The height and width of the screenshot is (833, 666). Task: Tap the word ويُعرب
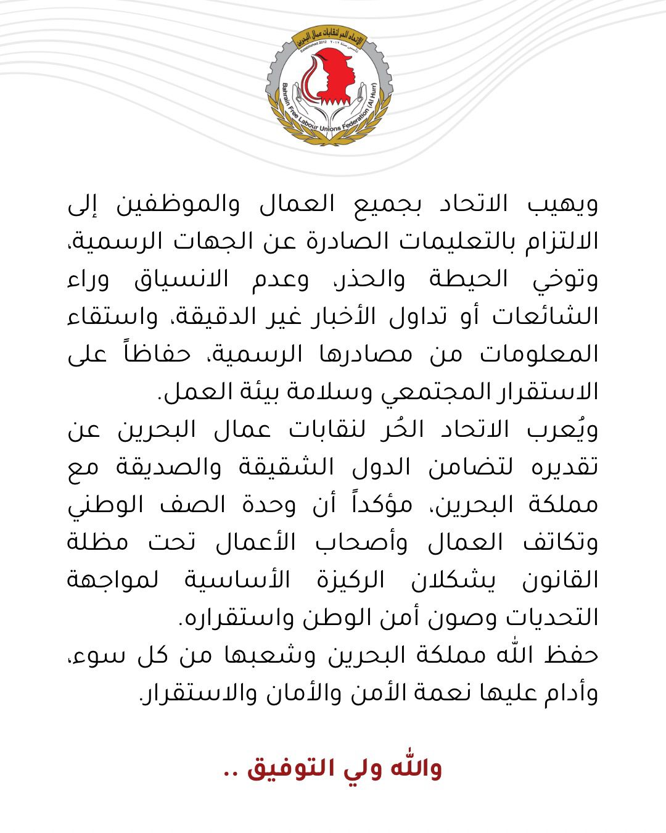point(565,430)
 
